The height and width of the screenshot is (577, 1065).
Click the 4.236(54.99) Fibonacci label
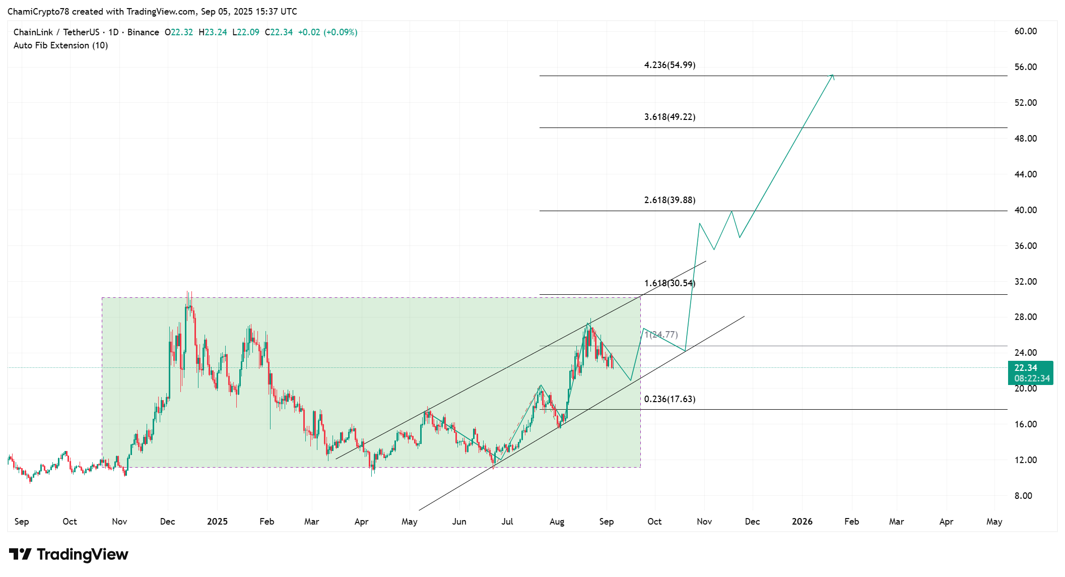[670, 65]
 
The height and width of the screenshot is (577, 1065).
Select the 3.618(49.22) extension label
[670, 117]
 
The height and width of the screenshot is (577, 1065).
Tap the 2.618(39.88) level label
[670, 200]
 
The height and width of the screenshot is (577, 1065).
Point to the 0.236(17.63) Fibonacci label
[670, 399]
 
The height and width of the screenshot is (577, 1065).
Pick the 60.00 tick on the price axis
[1025, 31]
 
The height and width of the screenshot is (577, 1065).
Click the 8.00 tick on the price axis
[1023, 496]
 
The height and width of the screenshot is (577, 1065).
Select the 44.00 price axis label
[1025, 174]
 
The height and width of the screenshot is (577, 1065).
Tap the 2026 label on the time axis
[802, 522]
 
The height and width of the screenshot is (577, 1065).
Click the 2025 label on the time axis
[217, 522]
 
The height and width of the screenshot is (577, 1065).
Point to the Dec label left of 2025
[167, 522]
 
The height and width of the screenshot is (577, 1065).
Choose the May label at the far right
[994, 522]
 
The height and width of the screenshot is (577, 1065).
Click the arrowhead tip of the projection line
[833, 75]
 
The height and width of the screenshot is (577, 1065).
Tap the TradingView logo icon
[21, 554]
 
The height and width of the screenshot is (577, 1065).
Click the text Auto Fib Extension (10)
[60, 45]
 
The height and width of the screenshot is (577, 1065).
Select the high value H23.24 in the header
[213, 32]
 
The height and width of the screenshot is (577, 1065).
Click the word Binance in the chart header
[143, 32]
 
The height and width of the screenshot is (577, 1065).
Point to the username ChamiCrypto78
[38, 12]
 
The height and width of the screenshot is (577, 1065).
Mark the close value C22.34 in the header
[279, 32]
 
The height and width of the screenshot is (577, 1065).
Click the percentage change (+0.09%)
[341, 32]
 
